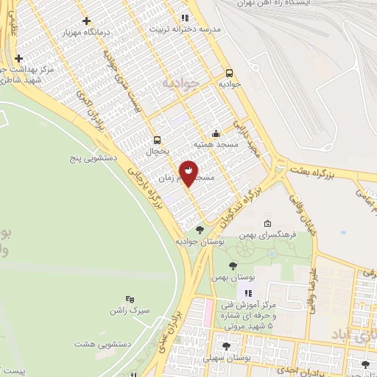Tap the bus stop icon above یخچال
click(156, 140)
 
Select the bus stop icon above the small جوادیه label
click(230, 73)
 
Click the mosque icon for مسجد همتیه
click(215, 133)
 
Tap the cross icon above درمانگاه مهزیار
click(87, 21)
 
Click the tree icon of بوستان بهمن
click(233, 266)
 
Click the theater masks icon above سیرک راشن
click(130, 299)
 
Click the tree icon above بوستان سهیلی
click(227, 346)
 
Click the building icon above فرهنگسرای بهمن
click(267, 225)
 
